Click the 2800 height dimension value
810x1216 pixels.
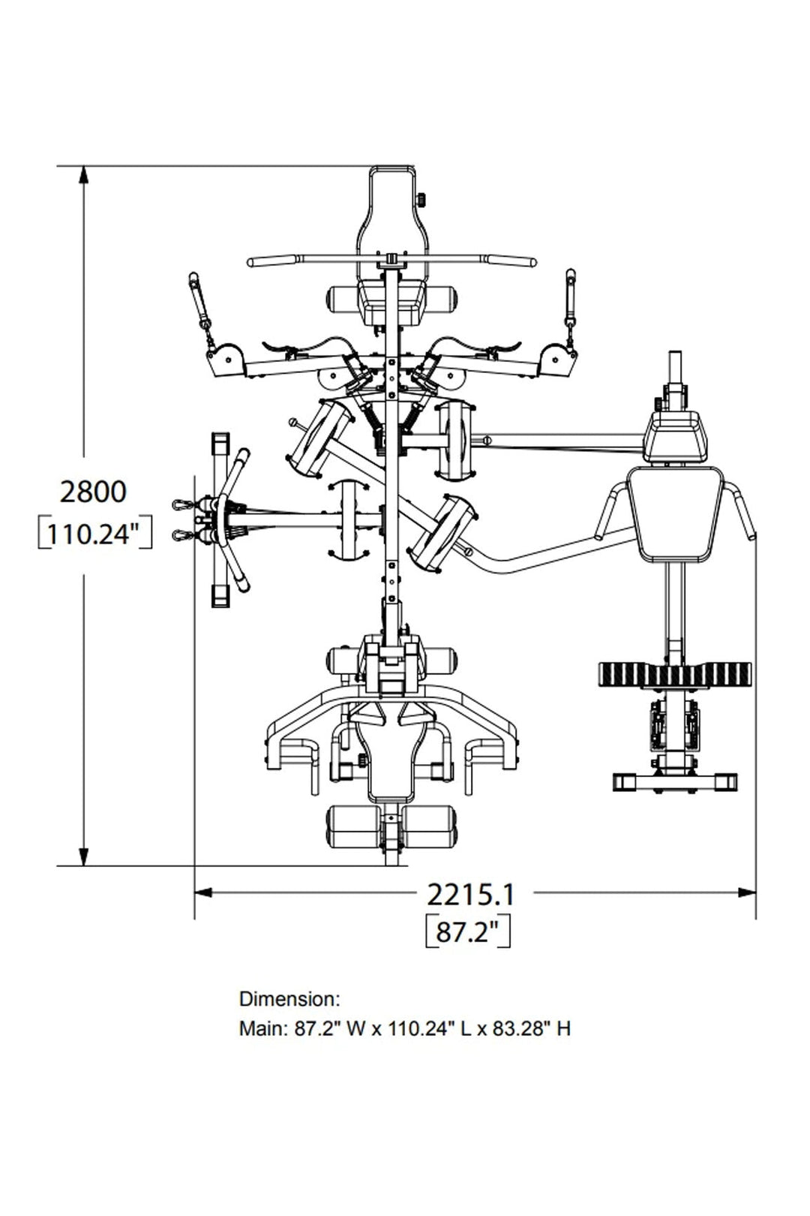click(x=93, y=492)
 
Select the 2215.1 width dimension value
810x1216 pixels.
click(x=469, y=895)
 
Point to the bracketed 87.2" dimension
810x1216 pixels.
click(x=468, y=932)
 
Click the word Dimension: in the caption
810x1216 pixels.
click(x=289, y=999)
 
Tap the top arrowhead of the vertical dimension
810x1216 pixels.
click(x=83, y=179)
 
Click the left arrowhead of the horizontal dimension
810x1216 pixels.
click(x=203, y=892)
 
